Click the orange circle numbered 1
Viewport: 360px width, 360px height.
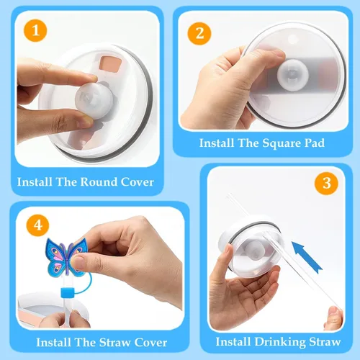click(35, 31)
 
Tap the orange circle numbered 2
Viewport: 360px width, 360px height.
click(199, 33)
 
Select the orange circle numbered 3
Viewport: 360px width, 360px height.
click(326, 183)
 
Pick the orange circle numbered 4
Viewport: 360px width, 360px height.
click(37, 225)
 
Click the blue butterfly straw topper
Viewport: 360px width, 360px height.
click(65, 257)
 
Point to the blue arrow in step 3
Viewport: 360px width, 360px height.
click(307, 257)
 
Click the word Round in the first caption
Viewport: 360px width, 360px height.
click(99, 182)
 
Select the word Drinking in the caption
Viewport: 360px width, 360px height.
click(280, 342)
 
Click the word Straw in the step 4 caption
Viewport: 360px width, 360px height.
click(114, 343)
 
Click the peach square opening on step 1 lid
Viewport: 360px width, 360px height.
click(111, 64)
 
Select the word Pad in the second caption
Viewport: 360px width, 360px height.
click(315, 143)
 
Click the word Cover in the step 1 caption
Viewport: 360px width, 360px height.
click(138, 182)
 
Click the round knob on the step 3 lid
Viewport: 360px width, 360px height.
click(255, 251)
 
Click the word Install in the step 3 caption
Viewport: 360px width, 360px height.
click(233, 342)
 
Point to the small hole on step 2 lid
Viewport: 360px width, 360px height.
click(292, 39)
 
